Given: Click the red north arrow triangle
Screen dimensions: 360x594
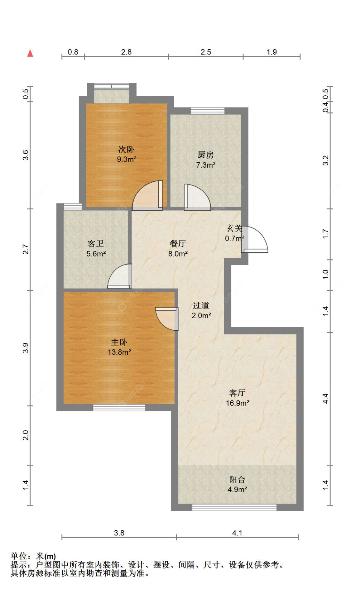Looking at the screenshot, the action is [30, 53].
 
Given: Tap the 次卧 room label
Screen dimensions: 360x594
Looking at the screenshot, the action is [126, 149].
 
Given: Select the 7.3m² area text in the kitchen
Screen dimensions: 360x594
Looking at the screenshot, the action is [206, 165].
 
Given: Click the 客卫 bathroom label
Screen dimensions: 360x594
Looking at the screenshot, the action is [96, 244].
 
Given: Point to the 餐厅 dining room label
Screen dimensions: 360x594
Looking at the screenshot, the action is [178, 243].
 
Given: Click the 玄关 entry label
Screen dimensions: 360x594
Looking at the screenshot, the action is [234, 228].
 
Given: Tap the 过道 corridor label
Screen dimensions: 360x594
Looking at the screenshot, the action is [201, 305].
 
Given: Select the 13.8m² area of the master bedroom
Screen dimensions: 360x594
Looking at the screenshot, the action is [119, 352].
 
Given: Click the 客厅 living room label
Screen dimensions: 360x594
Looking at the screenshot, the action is [237, 393].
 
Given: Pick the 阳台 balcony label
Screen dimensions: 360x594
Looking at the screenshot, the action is [237, 479].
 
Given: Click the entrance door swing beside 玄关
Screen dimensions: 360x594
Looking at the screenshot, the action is [255, 239].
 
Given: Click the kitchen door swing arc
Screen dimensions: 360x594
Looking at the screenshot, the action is [197, 197].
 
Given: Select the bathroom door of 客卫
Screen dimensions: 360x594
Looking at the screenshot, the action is [120, 276].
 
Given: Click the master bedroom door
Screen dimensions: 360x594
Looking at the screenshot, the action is [167, 319].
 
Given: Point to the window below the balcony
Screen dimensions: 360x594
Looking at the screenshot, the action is [234, 507].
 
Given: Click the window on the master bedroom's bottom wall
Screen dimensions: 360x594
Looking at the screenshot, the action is [119, 408].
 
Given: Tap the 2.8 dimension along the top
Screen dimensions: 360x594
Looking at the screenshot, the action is [126, 52].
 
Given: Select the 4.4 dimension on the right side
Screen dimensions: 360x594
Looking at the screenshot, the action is [325, 398].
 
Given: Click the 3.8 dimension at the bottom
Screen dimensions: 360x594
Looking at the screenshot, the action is [119, 533].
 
